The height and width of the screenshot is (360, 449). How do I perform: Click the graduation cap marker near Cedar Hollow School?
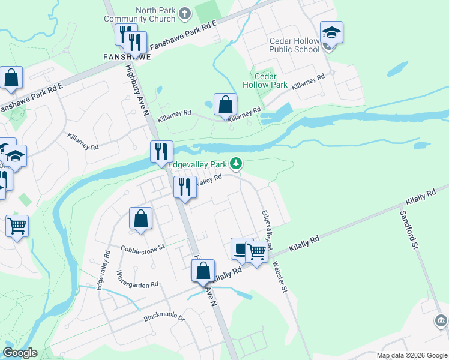point(331,32)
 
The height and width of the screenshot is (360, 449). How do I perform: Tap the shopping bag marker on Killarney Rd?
point(224,105)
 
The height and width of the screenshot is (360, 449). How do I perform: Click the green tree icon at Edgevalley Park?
point(237,163)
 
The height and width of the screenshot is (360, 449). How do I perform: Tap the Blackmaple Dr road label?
point(164,317)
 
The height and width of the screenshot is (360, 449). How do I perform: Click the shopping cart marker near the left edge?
point(17,227)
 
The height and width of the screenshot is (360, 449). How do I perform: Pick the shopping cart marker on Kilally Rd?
point(256,251)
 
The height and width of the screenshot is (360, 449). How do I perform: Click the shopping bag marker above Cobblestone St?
point(140,219)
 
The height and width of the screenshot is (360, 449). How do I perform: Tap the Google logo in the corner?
point(20,353)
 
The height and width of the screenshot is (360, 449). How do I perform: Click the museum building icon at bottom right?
point(441,321)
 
